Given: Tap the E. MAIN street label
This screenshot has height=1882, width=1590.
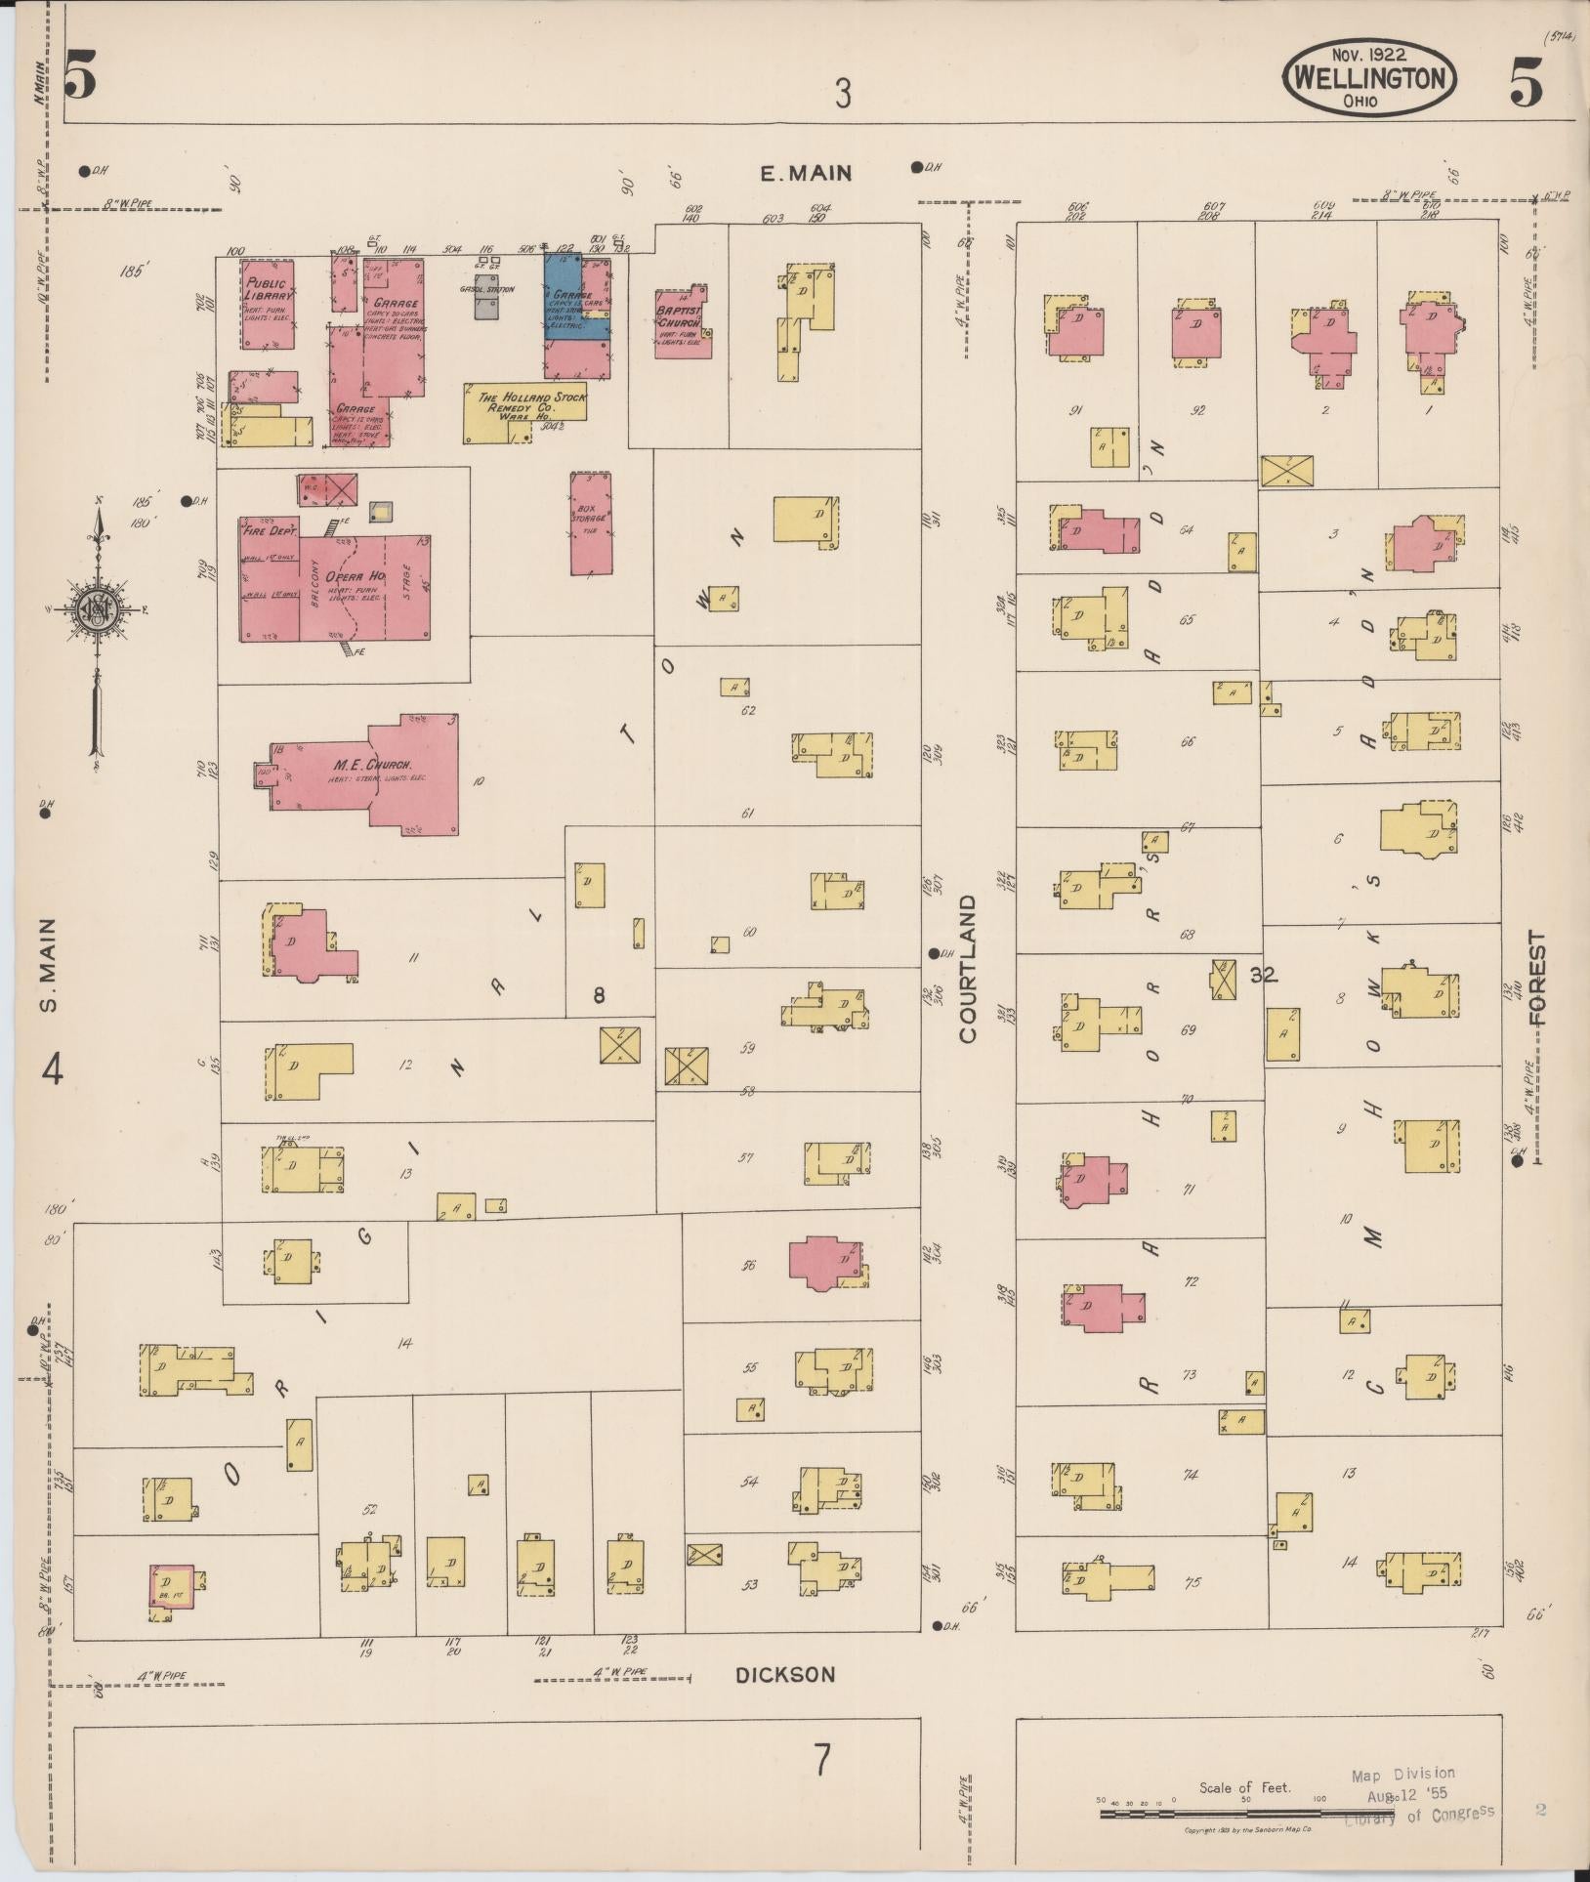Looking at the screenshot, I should [807, 174].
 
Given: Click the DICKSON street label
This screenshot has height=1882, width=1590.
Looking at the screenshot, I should [786, 1674].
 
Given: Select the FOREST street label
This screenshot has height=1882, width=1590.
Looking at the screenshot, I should [1537, 978].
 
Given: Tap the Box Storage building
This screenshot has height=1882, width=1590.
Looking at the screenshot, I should [590, 523].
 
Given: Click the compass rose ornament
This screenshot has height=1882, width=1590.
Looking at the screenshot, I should [97, 610].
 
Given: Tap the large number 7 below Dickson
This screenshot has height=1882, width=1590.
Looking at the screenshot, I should [822, 1761].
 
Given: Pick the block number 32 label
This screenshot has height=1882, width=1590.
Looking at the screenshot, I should [1263, 974].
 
